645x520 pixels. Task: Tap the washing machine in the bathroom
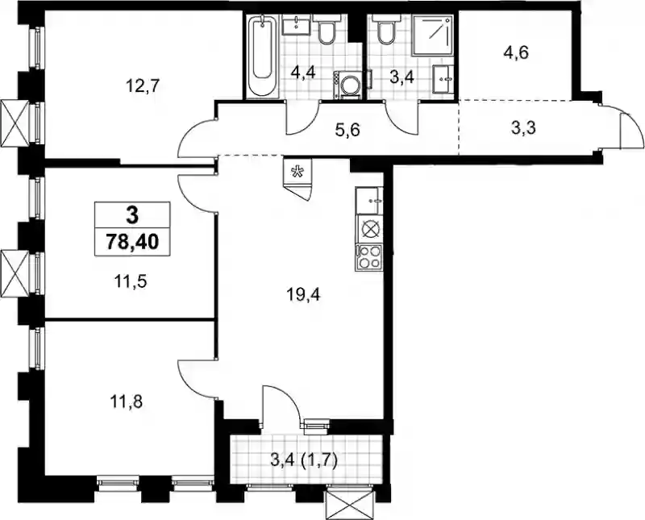click(348, 85)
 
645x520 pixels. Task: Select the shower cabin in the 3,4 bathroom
click(433, 35)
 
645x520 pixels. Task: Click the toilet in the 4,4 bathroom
click(327, 28)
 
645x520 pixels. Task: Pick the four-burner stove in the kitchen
click(369, 257)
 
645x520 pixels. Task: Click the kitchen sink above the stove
click(369, 201)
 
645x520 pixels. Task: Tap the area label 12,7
click(143, 87)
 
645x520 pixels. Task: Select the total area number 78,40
click(132, 242)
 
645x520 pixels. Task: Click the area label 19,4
click(304, 294)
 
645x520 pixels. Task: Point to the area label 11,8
click(127, 402)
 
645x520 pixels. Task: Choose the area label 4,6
click(515, 53)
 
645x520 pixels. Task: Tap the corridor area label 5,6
click(347, 131)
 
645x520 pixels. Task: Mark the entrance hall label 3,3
click(523, 128)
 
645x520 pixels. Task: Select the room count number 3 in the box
click(132, 215)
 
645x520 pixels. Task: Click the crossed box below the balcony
click(350, 505)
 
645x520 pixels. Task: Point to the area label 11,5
click(131, 282)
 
